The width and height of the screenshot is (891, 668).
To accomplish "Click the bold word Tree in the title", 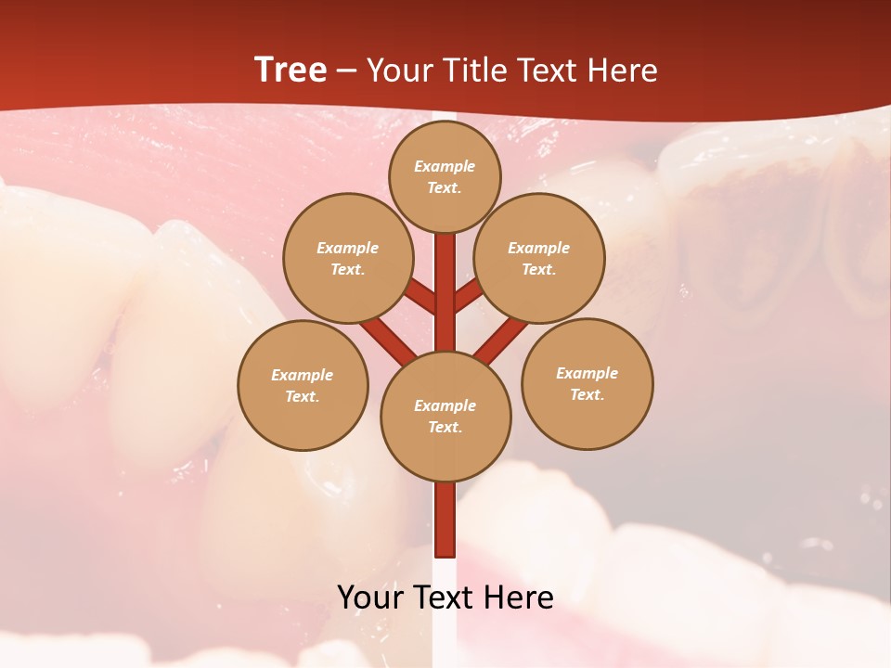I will coord(291,70).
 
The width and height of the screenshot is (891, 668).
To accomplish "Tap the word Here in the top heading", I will coord(622,70).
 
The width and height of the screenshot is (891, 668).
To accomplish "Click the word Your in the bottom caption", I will coord(371,597).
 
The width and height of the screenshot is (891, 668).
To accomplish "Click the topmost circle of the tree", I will coord(445,176).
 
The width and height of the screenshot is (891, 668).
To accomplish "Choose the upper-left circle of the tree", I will coord(347,258).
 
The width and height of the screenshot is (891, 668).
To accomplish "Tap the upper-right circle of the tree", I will coord(538,258).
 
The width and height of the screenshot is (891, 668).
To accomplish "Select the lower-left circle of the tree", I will coord(303,385).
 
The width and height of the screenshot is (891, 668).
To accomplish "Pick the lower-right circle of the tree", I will coord(587,383).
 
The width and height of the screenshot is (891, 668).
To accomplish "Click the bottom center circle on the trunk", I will coord(445,416).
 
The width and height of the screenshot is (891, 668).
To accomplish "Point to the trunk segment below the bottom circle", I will coord(445,520).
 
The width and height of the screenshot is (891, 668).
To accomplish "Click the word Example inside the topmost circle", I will coord(445,166).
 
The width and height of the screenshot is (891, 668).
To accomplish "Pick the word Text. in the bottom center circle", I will coord(445,427).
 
